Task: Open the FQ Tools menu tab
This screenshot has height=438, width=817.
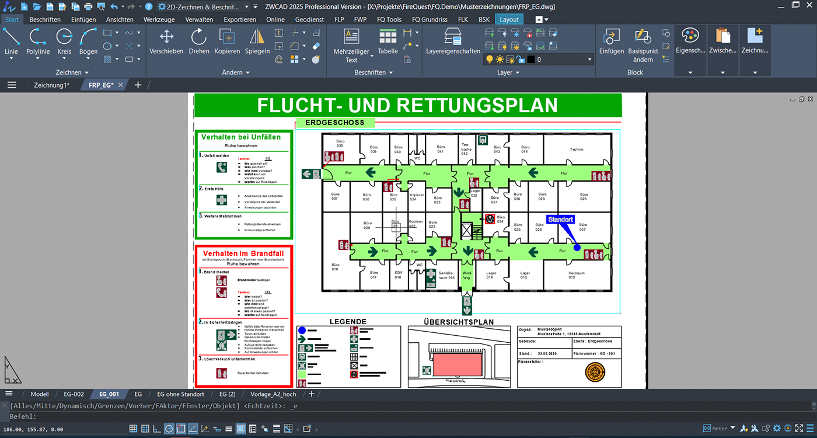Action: pyautogui.click(x=389, y=19)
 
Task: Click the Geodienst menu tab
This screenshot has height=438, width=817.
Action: pyautogui.click(x=309, y=19)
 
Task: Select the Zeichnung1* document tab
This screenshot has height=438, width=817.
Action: pyautogui.click(x=51, y=85)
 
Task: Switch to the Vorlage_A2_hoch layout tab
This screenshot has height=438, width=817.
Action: pyautogui.click(x=273, y=394)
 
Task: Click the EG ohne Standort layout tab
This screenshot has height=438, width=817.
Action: pyautogui.click(x=181, y=394)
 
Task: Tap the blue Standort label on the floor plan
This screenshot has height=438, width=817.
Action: pyautogui.click(x=560, y=220)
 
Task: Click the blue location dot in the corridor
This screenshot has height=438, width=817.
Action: pyautogui.click(x=577, y=248)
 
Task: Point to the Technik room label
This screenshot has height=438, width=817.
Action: pyautogui.click(x=577, y=150)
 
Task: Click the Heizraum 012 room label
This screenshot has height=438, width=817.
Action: pyautogui.click(x=576, y=274)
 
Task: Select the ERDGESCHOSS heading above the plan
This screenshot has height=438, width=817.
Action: pyautogui.click(x=335, y=123)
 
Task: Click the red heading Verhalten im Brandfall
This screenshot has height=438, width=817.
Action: pyautogui.click(x=243, y=253)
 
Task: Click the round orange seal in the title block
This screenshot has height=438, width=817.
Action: pyautogui.click(x=596, y=373)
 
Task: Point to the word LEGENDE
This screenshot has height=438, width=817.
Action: pyautogui.click(x=348, y=321)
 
